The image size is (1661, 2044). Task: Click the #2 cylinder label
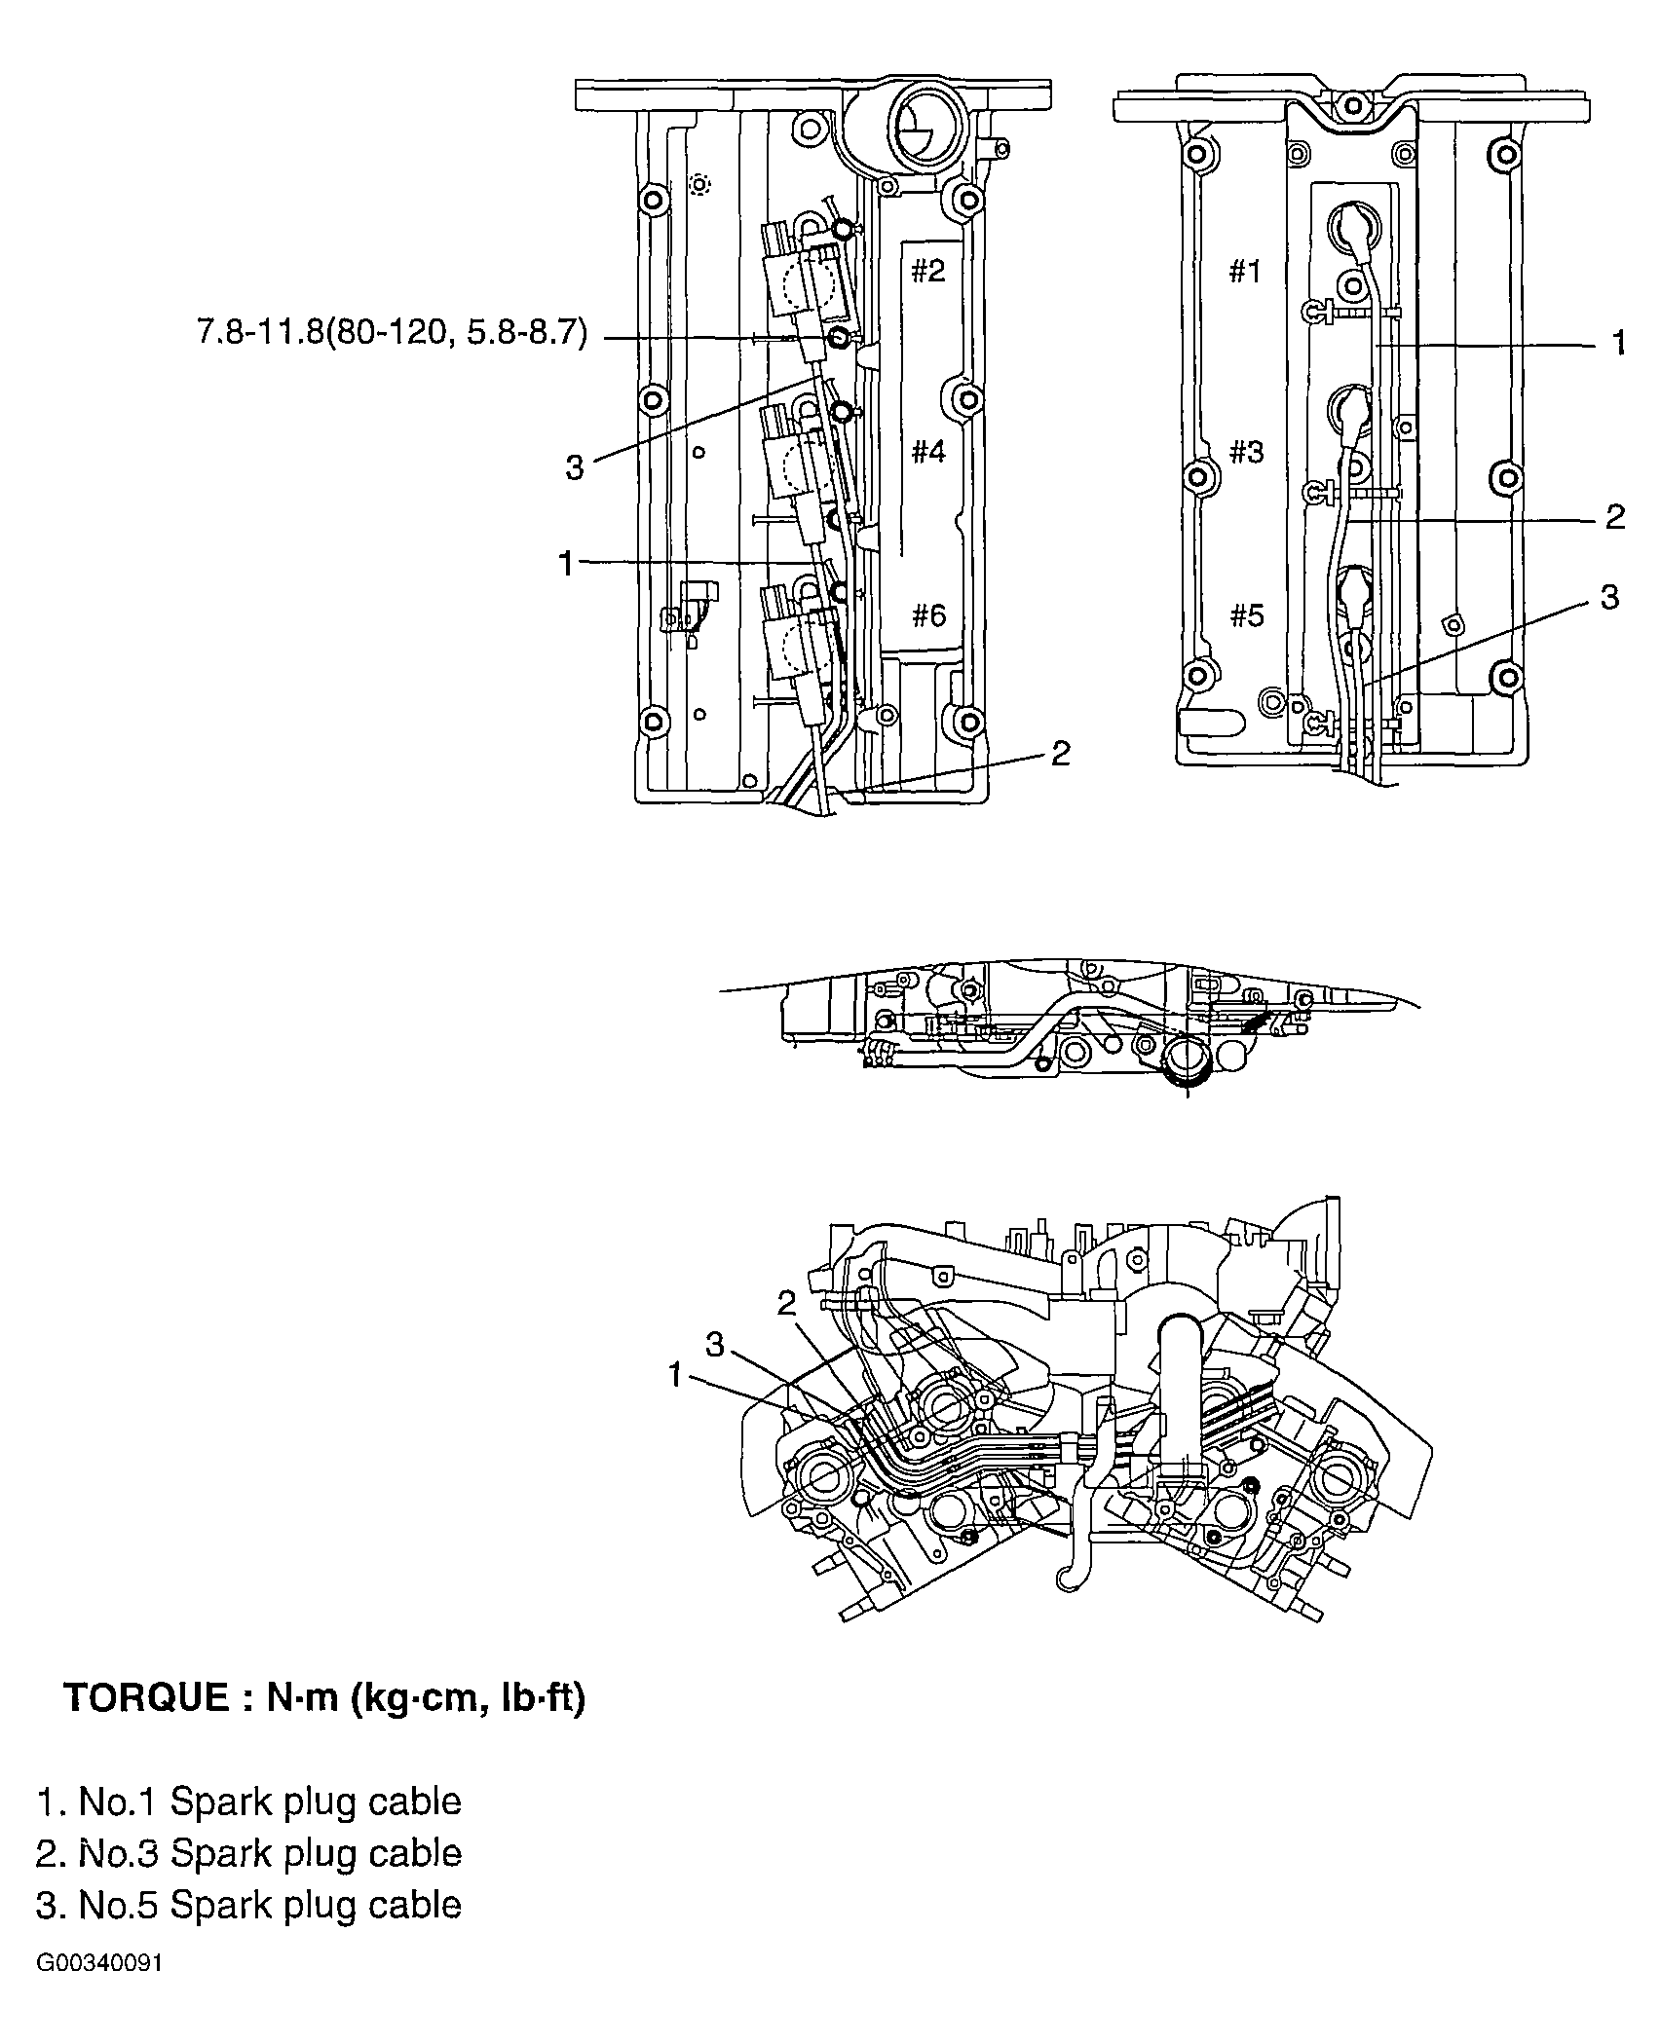[x=927, y=271]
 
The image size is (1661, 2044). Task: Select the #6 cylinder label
[x=927, y=615]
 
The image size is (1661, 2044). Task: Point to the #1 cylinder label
[x=1245, y=272]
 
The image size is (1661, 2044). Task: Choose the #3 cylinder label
[x=1246, y=452]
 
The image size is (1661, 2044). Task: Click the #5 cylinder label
[x=1246, y=615]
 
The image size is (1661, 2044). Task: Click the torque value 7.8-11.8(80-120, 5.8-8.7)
[x=393, y=335]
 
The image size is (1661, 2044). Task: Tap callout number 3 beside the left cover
[x=575, y=468]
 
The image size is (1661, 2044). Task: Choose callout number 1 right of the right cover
[x=1618, y=343]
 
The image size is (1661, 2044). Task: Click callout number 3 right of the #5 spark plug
[x=1609, y=596]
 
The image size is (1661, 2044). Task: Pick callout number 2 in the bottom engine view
[x=787, y=1303]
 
